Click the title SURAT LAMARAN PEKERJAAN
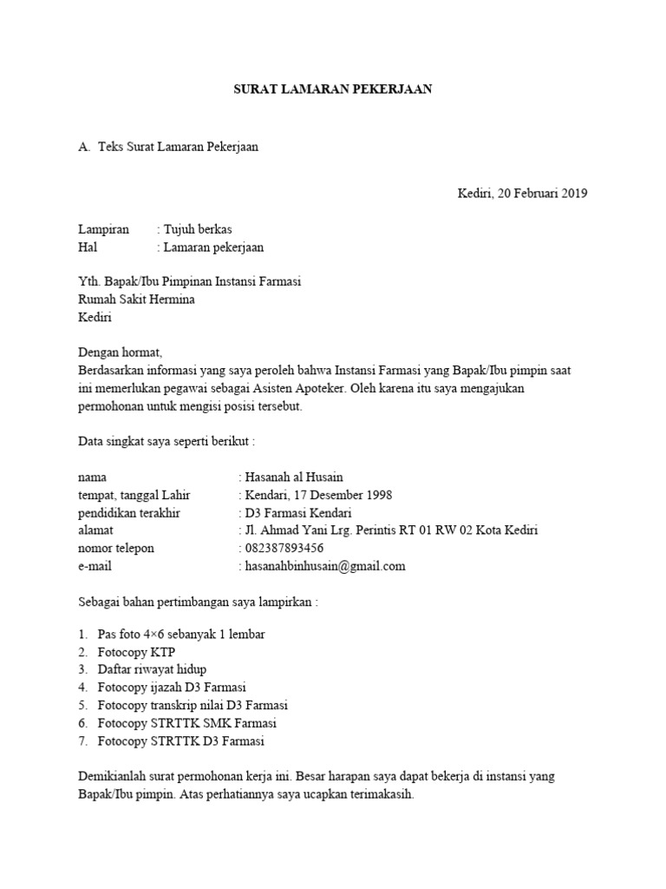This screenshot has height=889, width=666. pyautogui.click(x=333, y=89)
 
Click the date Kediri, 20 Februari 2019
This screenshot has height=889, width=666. pyautogui.click(x=522, y=193)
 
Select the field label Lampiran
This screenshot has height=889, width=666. pyautogui.click(x=103, y=229)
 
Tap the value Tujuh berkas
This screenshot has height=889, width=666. pyautogui.click(x=199, y=229)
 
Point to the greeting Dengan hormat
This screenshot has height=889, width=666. pyautogui.click(x=120, y=353)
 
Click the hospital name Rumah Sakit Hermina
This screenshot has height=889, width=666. pyautogui.click(x=136, y=300)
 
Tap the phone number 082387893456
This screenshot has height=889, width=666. pyautogui.click(x=284, y=548)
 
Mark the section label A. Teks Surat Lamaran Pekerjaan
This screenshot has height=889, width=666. pyautogui.click(x=168, y=147)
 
